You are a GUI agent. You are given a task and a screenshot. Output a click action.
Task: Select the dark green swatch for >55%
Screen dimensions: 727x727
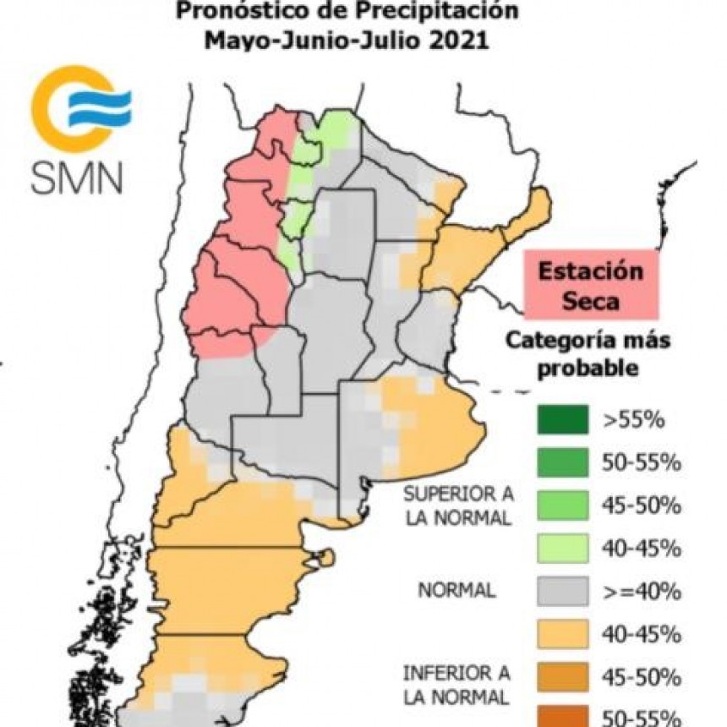click(x=563, y=419)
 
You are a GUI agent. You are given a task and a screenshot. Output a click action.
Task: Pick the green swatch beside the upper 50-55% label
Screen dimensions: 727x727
click(x=563, y=462)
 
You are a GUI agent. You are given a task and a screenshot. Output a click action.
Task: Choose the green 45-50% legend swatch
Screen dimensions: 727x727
click(x=563, y=505)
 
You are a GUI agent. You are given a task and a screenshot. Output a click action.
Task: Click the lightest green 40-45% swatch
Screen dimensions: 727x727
click(x=563, y=547)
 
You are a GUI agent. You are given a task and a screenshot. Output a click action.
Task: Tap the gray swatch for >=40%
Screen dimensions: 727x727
click(x=563, y=590)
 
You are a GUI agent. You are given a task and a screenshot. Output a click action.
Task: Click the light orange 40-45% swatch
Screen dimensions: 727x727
click(x=563, y=632)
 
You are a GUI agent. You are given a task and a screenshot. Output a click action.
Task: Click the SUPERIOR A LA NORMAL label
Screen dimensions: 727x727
click(x=457, y=505)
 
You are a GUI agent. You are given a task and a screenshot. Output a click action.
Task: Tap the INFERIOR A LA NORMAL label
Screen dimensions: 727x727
click(x=456, y=686)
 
